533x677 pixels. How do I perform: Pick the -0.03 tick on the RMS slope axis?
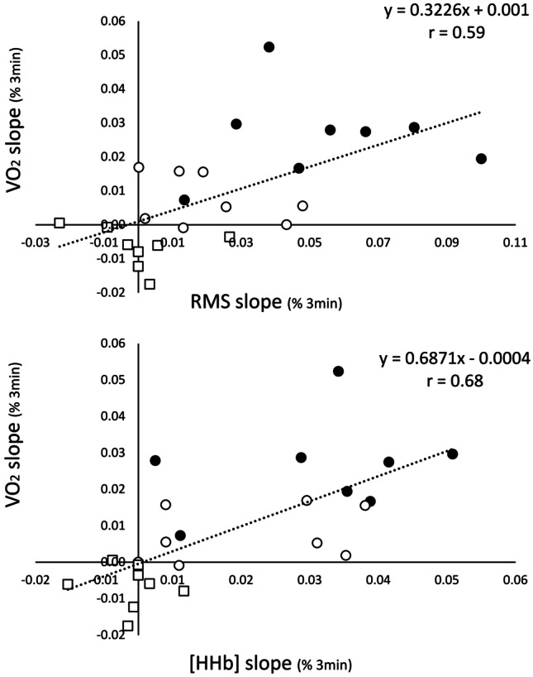(36, 243)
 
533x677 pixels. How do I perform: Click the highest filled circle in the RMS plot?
(269, 47)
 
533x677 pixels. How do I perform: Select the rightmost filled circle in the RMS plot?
(482, 159)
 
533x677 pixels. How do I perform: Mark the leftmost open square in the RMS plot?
(59, 223)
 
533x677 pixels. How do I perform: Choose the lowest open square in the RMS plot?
(150, 284)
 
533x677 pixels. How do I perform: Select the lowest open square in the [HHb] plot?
(127, 627)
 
